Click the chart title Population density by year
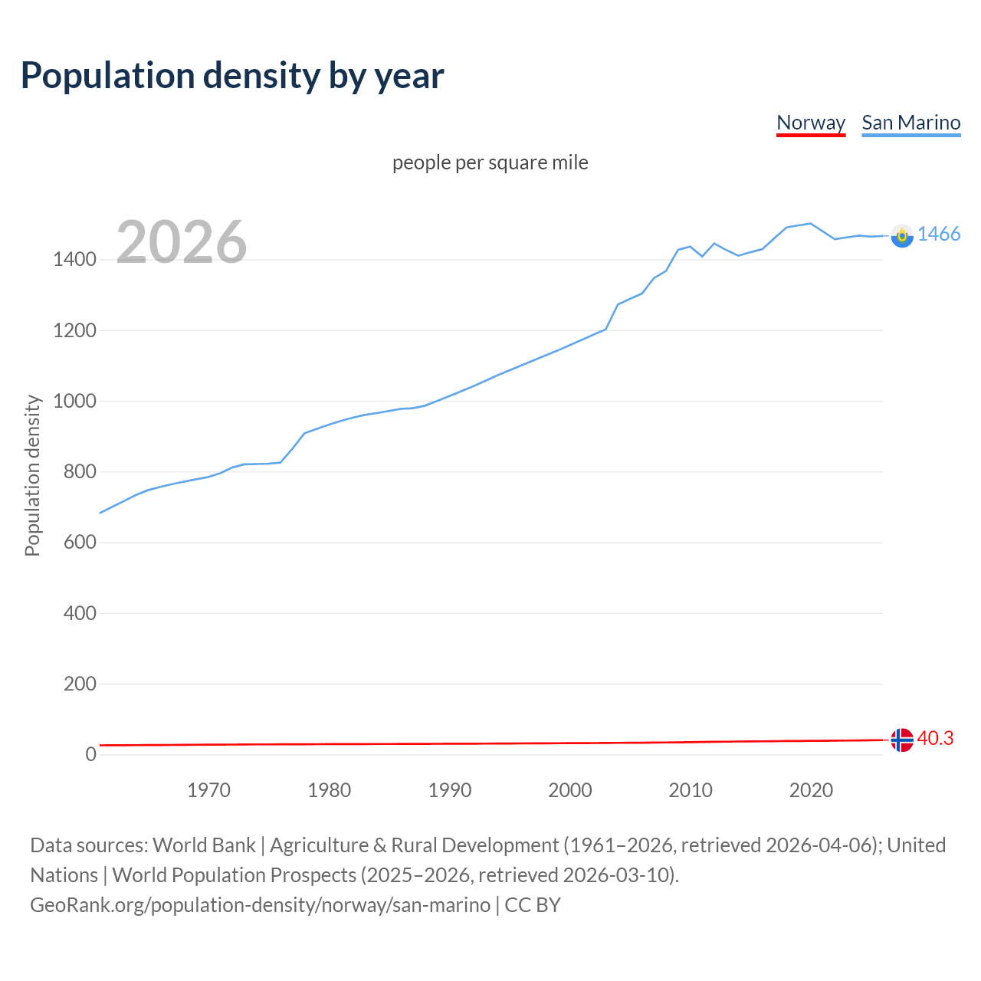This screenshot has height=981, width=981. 232,76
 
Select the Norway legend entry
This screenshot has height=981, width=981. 810,123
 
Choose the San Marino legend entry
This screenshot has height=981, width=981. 910,123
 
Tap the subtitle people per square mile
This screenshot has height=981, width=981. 490,162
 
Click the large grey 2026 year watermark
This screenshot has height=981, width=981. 182,242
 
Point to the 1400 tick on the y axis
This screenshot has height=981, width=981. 74,260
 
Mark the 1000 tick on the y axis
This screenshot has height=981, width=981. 74,402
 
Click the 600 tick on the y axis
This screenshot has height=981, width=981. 80,543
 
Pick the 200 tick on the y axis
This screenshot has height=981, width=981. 80,684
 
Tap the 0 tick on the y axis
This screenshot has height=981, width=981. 90,754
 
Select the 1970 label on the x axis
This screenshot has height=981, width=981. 208,790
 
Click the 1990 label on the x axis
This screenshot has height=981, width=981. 450,790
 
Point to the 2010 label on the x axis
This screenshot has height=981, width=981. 691,790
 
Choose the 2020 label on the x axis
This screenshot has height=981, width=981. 811,790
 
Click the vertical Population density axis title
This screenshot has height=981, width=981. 32,475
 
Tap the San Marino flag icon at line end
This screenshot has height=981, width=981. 902,236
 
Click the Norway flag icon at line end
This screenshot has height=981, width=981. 902,740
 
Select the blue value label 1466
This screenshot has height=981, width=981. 938,235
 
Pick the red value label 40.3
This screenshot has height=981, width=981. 935,739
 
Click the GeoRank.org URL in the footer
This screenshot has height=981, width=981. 260,905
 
